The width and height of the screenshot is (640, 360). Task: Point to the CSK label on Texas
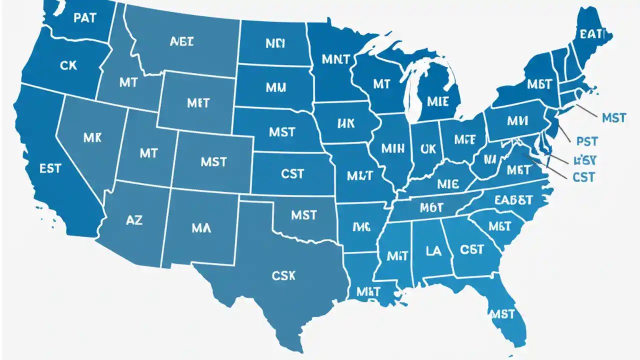click(283, 275)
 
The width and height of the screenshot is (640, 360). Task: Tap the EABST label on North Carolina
click(513, 200)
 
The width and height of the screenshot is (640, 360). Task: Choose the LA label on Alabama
click(433, 250)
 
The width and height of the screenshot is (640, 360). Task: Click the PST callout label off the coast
click(587, 142)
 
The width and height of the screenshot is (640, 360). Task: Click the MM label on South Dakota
click(276, 87)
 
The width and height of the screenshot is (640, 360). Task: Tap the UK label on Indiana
click(428, 148)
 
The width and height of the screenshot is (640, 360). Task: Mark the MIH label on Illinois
click(392, 148)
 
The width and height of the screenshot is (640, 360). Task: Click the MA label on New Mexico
click(201, 228)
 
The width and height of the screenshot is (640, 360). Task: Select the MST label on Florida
click(502, 314)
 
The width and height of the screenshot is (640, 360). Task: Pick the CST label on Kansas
click(292, 174)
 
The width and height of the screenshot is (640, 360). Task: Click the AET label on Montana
click(181, 42)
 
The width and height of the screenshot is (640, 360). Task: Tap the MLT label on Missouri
click(359, 175)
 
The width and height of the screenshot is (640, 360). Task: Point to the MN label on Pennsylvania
click(517, 121)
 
